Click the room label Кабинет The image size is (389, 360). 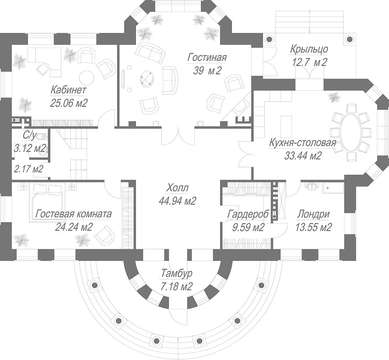pos(68,90)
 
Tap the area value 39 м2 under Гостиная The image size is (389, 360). pos(207,71)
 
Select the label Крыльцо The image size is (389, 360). pos(309,49)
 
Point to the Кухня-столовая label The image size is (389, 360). pos(303,143)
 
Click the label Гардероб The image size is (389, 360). pos(248,214)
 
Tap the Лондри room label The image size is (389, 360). pos(313,214)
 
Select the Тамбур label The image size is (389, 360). pos(176,274)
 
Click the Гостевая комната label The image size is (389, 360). pos(73,213)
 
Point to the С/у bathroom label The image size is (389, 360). pos(30,136)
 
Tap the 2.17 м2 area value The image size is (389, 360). pos(28,169)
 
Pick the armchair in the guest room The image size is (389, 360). pos(104,234)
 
